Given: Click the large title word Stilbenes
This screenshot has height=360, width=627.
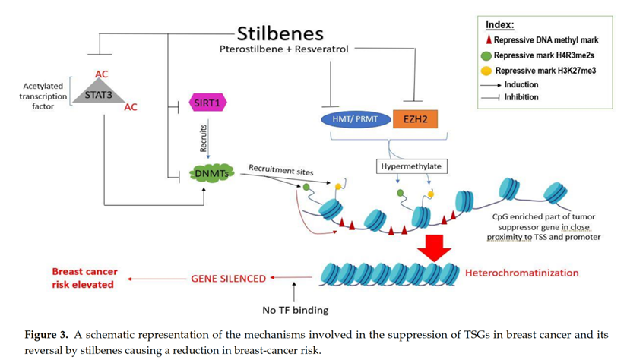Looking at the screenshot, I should (279, 33).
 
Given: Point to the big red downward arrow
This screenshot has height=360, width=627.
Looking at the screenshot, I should (433, 246).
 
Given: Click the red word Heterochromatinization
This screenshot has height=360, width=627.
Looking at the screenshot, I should (521, 273).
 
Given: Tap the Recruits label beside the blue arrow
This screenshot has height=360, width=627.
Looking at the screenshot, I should (203, 141).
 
